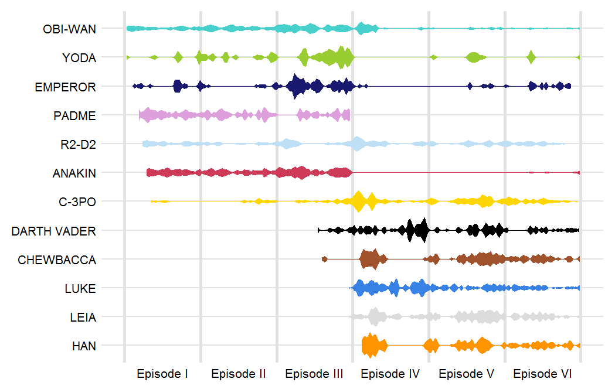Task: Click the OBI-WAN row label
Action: (70, 29)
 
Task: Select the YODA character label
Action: (79, 57)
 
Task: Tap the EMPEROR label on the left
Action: (65, 87)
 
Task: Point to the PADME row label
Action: (74, 115)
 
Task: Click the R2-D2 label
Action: (78, 144)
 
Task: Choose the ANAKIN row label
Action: (74, 173)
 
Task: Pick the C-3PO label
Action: (77, 202)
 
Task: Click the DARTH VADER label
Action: (53, 231)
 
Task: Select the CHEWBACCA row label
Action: (57, 260)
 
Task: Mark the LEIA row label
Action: (83, 317)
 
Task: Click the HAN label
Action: (84, 346)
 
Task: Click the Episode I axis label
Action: (162, 374)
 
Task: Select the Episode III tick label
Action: (314, 374)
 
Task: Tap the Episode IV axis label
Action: (390, 374)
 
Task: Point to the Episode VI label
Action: (542, 374)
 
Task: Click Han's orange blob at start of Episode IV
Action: (370, 346)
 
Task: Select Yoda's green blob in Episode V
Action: (473, 57)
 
